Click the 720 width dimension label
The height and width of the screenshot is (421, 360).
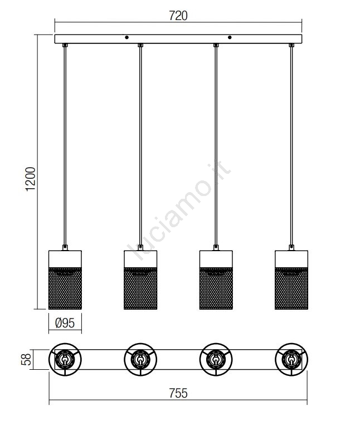tap(178, 16)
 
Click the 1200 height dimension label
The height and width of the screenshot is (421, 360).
tap(30, 179)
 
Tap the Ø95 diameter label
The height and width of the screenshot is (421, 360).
tap(65, 323)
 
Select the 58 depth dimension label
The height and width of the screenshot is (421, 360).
tap(26, 360)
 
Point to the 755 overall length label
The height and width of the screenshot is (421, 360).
tap(178, 393)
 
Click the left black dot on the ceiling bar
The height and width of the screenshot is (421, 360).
tap(127, 37)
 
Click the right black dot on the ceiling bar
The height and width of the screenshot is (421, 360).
tap(230, 37)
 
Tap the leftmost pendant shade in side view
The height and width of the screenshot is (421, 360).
tap(65, 280)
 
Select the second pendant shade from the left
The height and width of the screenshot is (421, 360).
tap(140, 280)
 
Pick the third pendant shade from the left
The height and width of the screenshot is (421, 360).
tap(216, 280)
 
